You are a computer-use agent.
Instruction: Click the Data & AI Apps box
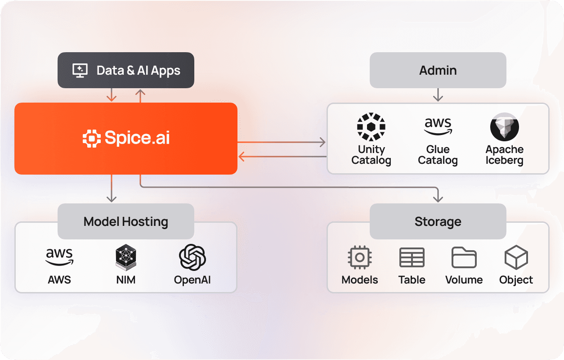tap(126, 70)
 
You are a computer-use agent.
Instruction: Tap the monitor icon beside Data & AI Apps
tap(80, 70)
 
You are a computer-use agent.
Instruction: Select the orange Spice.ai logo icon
tap(91, 138)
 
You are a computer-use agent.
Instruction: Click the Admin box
tap(438, 70)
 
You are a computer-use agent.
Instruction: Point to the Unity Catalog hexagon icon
tap(371, 127)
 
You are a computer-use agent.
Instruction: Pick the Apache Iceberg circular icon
tap(504, 127)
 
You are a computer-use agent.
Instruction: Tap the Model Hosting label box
tap(126, 221)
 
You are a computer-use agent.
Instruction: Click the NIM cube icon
tap(126, 257)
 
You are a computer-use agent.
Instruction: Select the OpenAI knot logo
tap(192, 257)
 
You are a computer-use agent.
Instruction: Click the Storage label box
tap(438, 221)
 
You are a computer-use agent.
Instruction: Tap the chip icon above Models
tap(360, 258)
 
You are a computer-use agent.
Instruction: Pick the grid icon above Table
tap(412, 258)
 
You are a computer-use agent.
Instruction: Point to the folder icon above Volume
tap(464, 258)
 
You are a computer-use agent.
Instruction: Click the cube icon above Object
tap(516, 258)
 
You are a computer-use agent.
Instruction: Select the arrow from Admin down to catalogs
tap(438, 95)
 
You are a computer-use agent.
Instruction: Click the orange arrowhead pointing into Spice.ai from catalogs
tap(241, 157)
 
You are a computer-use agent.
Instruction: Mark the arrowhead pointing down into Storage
tap(438, 198)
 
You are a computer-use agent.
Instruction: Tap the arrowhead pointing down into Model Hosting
tap(111, 198)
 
